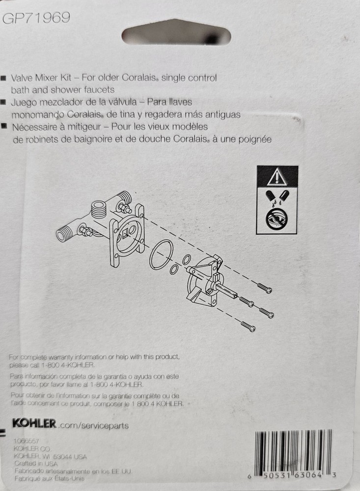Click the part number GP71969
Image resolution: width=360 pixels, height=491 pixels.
pyautogui.click(x=37, y=18)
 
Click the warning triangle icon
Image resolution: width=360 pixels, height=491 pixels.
pyautogui.click(x=277, y=175)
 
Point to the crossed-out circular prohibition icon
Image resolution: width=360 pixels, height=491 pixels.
pyautogui.click(x=277, y=220)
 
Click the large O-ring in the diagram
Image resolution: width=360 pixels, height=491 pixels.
pyautogui.click(x=161, y=255)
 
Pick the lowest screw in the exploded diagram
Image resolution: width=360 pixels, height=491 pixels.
pyautogui.click(x=248, y=326)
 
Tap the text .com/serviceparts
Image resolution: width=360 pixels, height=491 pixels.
pyautogui.click(x=93, y=425)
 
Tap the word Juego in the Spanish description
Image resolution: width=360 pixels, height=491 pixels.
pyautogui.click(x=23, y=102)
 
